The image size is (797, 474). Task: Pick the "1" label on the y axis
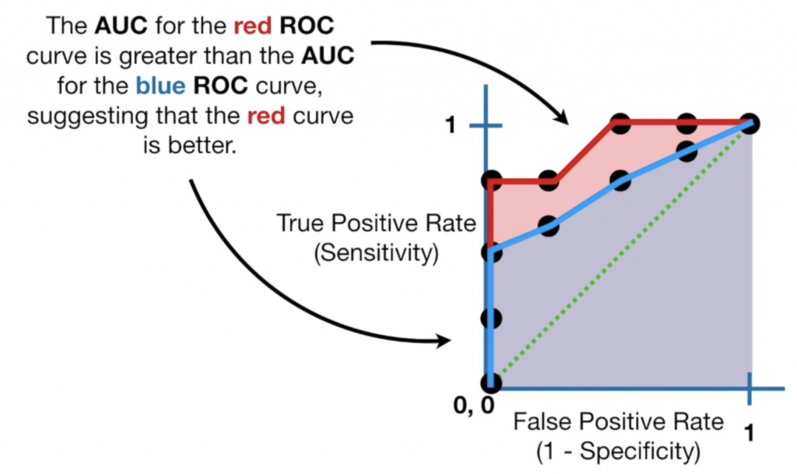coord(449,125)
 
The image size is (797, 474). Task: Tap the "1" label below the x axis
coord(750,434)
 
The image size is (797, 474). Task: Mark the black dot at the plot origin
coord(490,383)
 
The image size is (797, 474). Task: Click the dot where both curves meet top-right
coord(750,123)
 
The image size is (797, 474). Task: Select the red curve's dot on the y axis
coord(491,181)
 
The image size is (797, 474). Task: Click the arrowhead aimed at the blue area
coord(444,341)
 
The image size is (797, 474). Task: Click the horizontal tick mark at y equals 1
coord(483,126)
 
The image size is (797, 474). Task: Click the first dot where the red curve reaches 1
coord(620,123)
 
